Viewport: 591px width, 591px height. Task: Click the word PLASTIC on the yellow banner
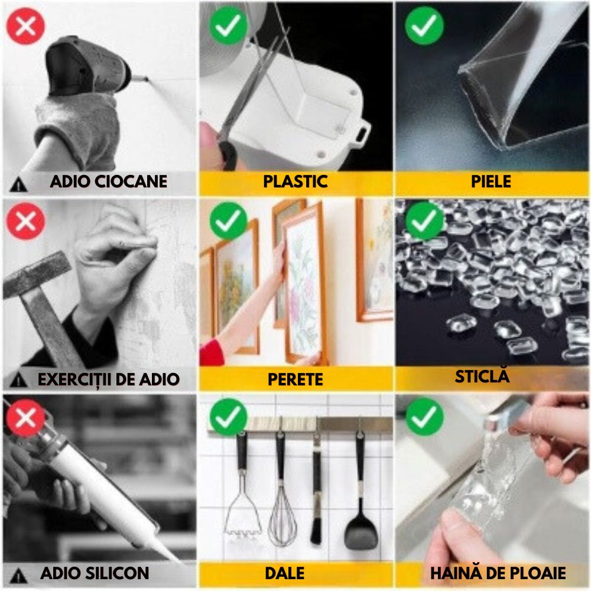295,181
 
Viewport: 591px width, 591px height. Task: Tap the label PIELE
491,181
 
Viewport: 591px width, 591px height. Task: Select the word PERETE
295,379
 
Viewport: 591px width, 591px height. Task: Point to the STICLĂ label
482,376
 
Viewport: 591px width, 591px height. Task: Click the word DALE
285,573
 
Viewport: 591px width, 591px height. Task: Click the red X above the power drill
25,26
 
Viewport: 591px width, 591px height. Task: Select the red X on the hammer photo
25,221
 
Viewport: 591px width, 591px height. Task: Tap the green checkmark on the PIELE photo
424,25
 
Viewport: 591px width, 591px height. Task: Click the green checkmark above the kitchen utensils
228,417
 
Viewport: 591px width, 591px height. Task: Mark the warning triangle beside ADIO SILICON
18,576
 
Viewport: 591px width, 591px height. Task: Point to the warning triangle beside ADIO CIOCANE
18,184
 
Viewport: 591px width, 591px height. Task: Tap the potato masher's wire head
242,515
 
